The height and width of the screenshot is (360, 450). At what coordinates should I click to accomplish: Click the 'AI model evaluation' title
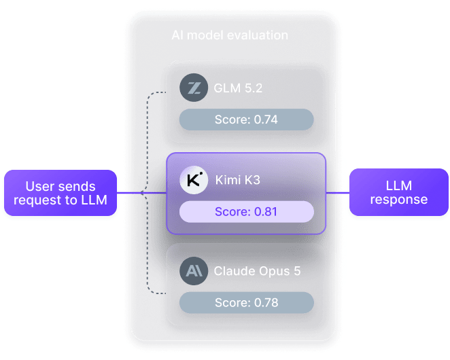pyautogui.click(x=230, y=35)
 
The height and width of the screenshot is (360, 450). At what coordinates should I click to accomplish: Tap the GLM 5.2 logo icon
pyautogui.click(x=194, y=88)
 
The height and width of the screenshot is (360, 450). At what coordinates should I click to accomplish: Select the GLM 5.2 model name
pyautogui.click(x=238, y=88)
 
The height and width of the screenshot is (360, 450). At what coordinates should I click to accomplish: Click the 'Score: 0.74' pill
pyautogui.click(x=246, y=120)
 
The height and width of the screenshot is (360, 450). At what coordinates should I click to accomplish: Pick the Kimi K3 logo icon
pyautogui.click(x=194, y=180)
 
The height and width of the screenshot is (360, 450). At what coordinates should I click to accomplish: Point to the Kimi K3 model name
pyautogui.click(x=238, y=180)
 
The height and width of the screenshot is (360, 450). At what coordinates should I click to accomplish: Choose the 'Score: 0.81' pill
pyautogui.click(x=246, y=212)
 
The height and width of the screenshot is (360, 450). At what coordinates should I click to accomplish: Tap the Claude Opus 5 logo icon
pyautogui.click(x=194, y=271)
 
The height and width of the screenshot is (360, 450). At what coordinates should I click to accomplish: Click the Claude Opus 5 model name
pyautogui.click(x=257, y=271)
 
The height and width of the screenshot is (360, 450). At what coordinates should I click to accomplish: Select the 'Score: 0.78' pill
pyautogui.click(x=246, y=303)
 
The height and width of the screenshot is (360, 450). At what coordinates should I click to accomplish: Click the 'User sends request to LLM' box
pyautogui.click(x=60, y=193)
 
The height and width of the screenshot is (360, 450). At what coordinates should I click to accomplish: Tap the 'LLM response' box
pyautogui.click(x=399, y=192)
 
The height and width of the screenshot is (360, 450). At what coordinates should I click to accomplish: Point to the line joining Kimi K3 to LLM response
pyautogui.click(x=338, y=193)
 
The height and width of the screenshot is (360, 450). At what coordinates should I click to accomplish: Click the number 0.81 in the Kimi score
pyautogui.click(x=266, y=212)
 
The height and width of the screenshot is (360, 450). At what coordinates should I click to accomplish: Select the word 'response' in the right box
pyautogui.click(x=399, y=200)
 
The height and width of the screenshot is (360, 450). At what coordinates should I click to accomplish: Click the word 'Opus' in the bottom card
pyautogui.click(x=273, y=272)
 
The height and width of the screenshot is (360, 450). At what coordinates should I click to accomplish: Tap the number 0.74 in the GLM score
pyautogui.click(x=266, y=120)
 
